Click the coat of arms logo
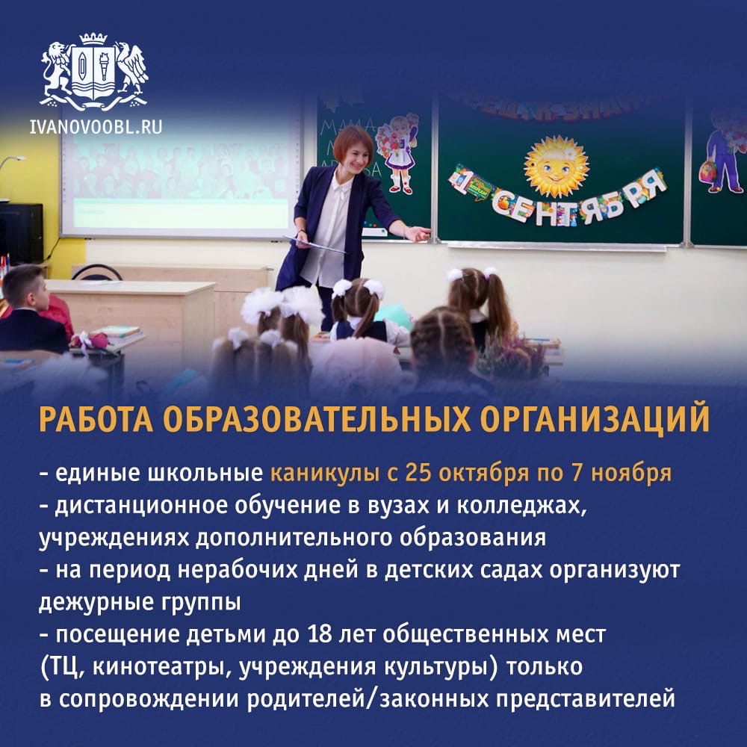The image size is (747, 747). [94, 72]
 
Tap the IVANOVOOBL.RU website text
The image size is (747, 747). [96, 127]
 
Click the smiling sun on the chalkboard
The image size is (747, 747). [556, 167]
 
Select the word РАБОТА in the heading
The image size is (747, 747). [96, 419]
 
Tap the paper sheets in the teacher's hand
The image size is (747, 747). [314, 244]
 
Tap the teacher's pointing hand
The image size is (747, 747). [418, 233]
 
